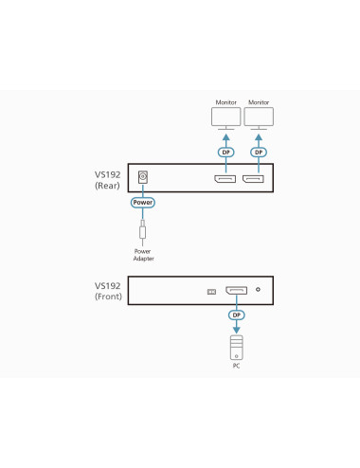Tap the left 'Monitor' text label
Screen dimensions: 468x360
[226, 101]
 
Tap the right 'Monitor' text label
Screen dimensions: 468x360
[258, 101]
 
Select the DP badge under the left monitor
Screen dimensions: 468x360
[226, 153]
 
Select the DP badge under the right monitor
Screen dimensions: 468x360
[258, 153]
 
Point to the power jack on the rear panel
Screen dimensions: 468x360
[143, 177]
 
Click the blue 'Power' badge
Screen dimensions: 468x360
[143, 203]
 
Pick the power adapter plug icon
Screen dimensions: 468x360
[143, 230]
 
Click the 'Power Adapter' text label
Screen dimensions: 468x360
[143, 255]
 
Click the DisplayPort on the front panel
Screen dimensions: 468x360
[237, 290]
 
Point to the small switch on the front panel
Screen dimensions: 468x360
[212, 291]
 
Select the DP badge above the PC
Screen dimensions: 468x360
[237, 315]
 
